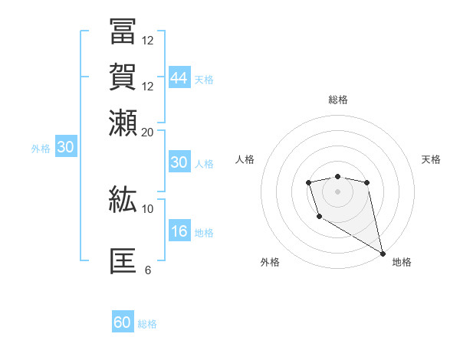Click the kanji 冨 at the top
(123, 33)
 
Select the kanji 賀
(123, 77)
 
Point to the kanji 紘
(123, 201)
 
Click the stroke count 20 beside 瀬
(147, 132)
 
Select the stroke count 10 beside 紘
(147, 208)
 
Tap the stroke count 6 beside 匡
(147, 270)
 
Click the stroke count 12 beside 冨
(147, 40)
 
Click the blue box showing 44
(179, 78)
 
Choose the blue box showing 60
(123, 322)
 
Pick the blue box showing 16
(179, 231)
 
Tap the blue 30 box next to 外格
(65, 148)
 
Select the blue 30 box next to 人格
(179, 162)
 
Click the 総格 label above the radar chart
(337, 100)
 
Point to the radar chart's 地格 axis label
(402, 262)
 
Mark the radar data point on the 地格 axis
(383, 254)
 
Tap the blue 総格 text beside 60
(147, 324)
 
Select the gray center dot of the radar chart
(337, 191)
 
